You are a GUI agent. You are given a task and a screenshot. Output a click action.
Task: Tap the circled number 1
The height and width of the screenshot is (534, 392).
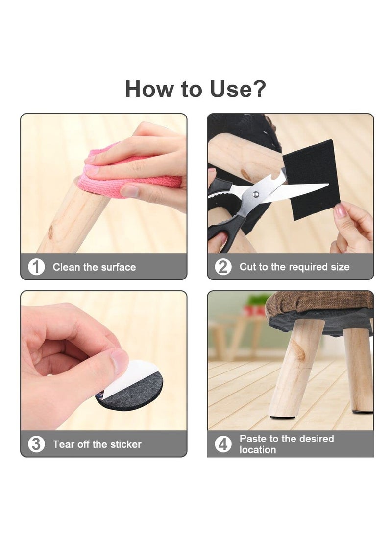pos(36,267)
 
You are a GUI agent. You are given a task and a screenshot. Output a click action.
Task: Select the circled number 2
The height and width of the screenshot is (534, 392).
pos(223,267)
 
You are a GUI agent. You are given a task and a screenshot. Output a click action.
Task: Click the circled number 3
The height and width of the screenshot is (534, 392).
pos(36,444)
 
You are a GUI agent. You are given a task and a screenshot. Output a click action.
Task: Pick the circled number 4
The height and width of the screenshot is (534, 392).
pos(223,444)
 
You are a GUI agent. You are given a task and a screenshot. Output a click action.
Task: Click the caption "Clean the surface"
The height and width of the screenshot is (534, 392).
pos(94,267)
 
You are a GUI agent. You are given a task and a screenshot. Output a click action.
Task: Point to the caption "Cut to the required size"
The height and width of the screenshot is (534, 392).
pos(294,267)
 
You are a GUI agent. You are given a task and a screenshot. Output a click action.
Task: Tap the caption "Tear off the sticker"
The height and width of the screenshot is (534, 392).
pos(97,444)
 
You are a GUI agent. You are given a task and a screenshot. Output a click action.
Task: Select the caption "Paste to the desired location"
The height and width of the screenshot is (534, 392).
pos(287,444)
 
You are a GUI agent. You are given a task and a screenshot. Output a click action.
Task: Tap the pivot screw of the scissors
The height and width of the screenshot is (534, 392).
pos(255,195)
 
